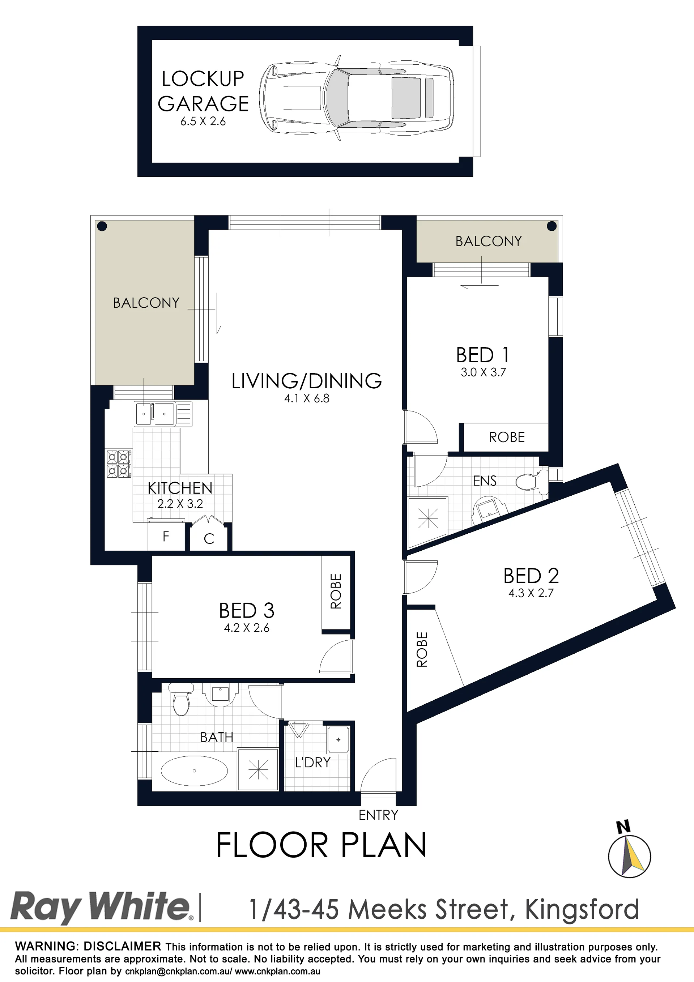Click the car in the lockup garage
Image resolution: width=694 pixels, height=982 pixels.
(357, 98)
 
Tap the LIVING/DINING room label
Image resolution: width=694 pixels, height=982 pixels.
(306, 381)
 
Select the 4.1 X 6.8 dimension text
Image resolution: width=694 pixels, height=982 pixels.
(307, 398)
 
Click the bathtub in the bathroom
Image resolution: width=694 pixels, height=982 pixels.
(194, 771)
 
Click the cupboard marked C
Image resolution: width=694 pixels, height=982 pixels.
(209, 538)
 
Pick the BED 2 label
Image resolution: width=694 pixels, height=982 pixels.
(531, 576)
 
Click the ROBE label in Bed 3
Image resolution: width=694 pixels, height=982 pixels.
(336, 591)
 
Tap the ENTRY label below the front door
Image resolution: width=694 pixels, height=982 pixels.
(378, 815)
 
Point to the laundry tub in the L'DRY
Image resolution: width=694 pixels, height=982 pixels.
(338, 739)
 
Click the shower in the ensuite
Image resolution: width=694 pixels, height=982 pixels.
(428, 519)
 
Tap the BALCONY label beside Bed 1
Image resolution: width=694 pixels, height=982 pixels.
(488, 241)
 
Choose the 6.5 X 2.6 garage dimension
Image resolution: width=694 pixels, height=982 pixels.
(203, 121)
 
